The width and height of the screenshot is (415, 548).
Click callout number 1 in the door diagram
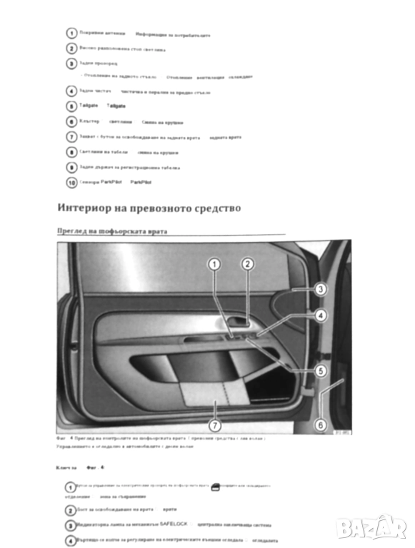click(x=213, y=264)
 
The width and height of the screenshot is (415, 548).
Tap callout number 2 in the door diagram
click(x=247, y=264)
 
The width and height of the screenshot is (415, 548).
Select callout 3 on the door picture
click(x=321, y=290)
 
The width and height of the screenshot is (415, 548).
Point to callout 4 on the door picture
click(x=321, y=315)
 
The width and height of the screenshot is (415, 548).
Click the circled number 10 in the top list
click(x=71, y=183)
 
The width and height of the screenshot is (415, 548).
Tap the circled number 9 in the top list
click(x=71, y=168)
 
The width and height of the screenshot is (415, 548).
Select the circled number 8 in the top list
click(x=71, y=152)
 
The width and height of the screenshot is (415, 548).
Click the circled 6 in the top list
click(x=71, y=121)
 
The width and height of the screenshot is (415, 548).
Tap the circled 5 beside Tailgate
click(x=71, y=106)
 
